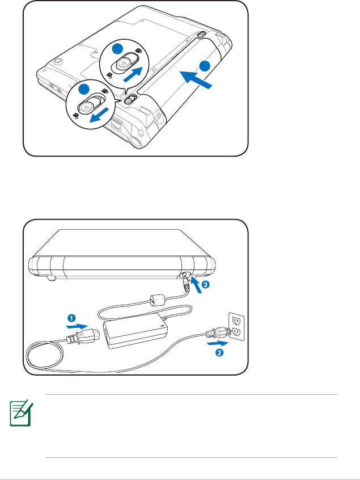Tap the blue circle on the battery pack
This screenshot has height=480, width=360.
(205, 65)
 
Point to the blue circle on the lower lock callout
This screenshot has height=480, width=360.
(84, 89)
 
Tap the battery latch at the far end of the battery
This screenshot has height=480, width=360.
(202, 35)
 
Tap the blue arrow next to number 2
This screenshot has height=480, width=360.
(217, 343)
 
